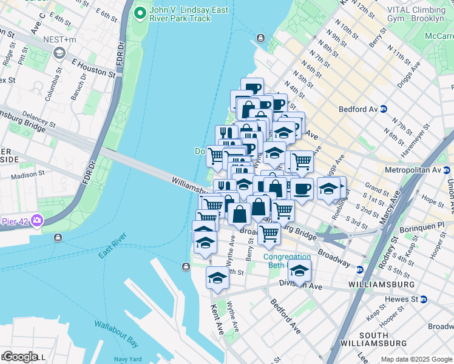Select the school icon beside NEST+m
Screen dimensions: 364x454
pos(59,53)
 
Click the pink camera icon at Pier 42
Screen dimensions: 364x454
pos(38,219)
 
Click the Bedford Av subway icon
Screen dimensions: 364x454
pos(383,109)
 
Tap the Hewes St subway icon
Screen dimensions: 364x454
pos(424,299)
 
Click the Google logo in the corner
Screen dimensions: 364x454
pos(20,357)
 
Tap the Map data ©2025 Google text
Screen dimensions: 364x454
pos(417,360)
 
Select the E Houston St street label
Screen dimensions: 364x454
pos(93,68)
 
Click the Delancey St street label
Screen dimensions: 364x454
pos(39,116)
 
